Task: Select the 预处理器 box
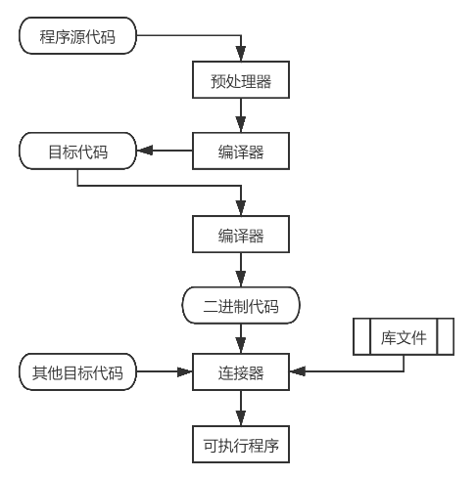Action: [240, 81]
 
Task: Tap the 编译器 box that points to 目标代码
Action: [240, 152]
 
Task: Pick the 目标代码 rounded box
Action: [77, 152]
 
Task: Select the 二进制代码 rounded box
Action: [240, 306]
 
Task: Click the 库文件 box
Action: [404, 336]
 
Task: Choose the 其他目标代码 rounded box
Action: [77, 372]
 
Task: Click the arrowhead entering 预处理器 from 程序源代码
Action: [240, 57]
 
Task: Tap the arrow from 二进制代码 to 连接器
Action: [240, 339]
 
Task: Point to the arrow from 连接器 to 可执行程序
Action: [240, 408]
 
